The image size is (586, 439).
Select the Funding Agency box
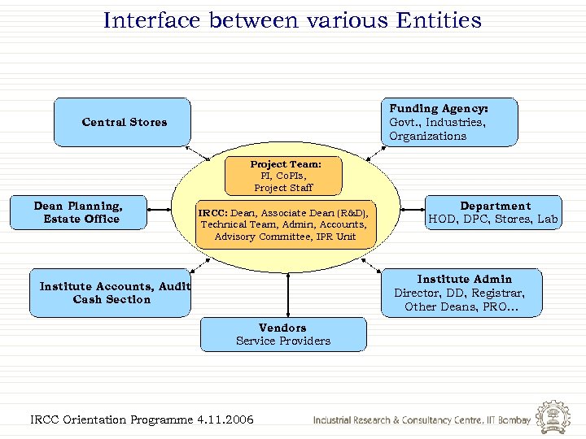pyautogui.click(x=449, y=123)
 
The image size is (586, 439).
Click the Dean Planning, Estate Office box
pyautogui.click(x=78, y=213)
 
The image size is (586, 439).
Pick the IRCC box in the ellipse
pyautogui.click(x=285, y=224)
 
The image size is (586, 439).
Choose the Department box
pyautogui.click(x=494, y=213)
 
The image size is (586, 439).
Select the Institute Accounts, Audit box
pyautogui.click(x=111, y=293)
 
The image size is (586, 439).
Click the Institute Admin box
pyautogui.click(x=463, y=293)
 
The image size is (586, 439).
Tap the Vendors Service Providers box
pyautogui.click(x=283, y=334)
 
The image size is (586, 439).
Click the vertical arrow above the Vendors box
pyautogui.click(x=287, y=294)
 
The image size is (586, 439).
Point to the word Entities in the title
pyautogui.click(x=439, y=20)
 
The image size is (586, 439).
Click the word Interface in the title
pyautogui.click(x=152, y=20)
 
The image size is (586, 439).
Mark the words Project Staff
pyautogui.click(x=283, y=188)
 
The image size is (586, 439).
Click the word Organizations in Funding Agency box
pyautogui.click(x=427, y=136)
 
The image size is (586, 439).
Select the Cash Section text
pyautogui.click(x=112, y=299)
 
